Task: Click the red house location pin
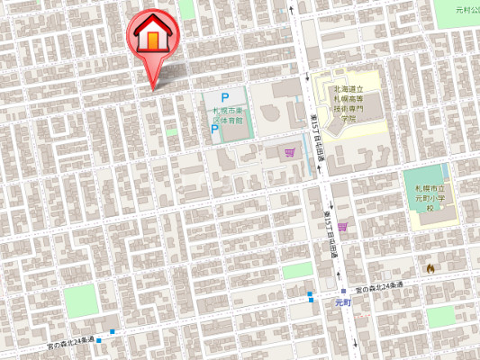153,40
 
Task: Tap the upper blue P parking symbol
225,98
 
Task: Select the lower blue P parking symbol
214,130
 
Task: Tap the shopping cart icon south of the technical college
342,226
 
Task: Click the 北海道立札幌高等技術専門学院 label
347,103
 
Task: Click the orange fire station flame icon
430,267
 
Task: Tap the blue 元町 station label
343,303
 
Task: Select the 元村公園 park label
467,10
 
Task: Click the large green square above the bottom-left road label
81,300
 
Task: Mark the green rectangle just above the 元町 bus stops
296,271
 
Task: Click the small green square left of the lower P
171,132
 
